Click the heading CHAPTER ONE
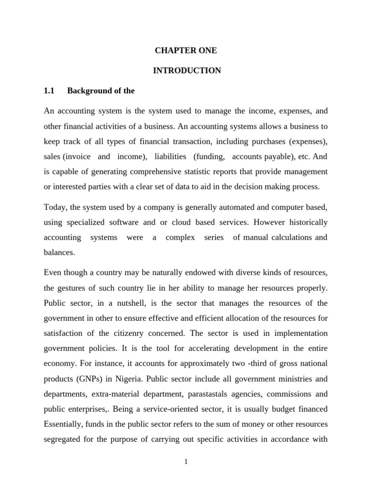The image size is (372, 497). click(186, 50)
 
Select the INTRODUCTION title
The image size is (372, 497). click(186, 70)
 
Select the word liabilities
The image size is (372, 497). click(170, 157)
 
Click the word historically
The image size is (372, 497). click(306, 222)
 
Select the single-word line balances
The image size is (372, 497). click(59, 252)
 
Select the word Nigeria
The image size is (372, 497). click(138, 379)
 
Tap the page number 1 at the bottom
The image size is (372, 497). click(186, 462)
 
